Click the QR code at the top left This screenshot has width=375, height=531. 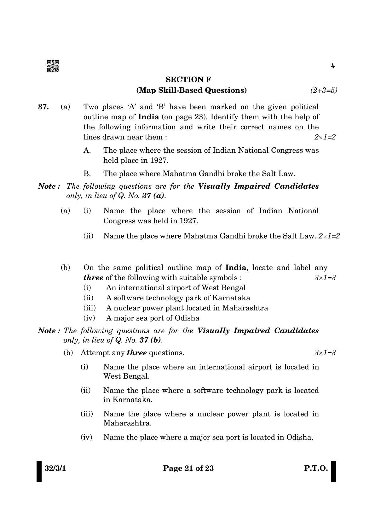[x=52, y=66]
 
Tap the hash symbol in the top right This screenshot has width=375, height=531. [x=333, y=66]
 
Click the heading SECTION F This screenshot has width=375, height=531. [x=188, y=79]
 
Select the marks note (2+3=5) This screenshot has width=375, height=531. [x=324, y=90]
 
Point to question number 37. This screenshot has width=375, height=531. [x=43, y=107]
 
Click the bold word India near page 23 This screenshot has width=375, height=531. [x=148, y=117]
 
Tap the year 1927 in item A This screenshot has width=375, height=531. [x=159, y=160]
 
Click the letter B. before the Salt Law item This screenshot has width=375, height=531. [x=87, y=174]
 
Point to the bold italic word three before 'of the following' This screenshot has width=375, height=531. [x=93, y=278]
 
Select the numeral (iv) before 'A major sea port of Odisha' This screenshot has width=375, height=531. [x=89, y=318]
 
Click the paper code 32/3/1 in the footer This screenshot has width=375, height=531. [x=55, y=468]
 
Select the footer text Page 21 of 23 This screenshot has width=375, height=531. [x=188, y=468]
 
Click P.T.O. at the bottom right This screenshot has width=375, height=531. [x=316, y=468]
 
